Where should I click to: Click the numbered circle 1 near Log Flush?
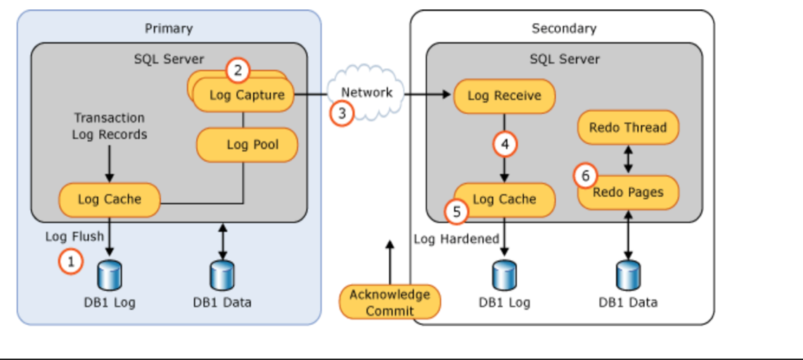[70, 262]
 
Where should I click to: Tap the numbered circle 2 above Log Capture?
[238, 70]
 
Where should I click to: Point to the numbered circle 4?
[504, 145]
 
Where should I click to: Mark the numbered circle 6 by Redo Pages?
[585, 176]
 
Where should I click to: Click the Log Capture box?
[246, 96]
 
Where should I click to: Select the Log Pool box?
[248, 145]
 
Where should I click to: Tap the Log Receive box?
[504, 96]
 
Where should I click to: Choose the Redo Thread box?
[628, 127]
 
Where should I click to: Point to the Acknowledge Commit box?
[390, 302]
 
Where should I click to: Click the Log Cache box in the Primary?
[109, 199]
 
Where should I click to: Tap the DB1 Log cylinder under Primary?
[110, 275]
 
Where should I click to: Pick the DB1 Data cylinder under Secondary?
[628, 275]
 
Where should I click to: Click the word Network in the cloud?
[366, 92]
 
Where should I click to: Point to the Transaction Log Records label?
[109, 126]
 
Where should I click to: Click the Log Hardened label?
[456, 239]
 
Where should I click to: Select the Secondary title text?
[563, 28]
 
